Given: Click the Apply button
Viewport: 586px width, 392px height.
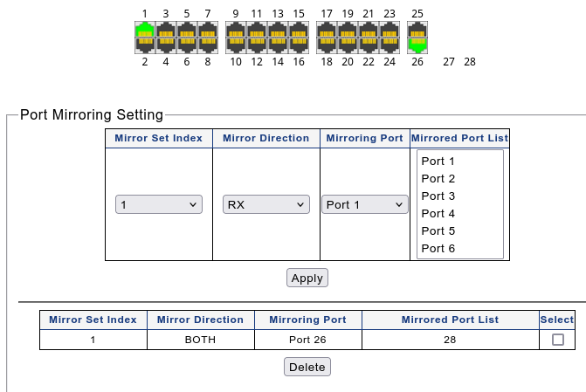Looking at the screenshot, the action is (x=307, y=278).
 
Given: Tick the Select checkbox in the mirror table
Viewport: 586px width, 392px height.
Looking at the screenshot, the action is (x=557, y=340).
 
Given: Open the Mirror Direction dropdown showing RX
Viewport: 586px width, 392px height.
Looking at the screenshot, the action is (x=266, y=204).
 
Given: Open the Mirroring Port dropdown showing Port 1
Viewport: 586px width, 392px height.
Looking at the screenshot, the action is (x=365, y=204).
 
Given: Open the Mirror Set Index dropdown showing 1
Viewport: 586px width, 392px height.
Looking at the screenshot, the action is (x=159, y=204).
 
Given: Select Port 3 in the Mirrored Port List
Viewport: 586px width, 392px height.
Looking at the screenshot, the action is (x=438, y=196).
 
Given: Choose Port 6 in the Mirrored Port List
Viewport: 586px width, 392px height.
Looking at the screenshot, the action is (x=438, y=249).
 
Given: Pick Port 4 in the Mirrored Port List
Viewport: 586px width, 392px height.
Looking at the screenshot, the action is (x=438, y=214).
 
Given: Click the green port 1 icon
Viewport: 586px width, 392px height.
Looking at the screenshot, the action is (x=145, y=30).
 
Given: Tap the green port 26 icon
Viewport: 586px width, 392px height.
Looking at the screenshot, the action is (x=417, y=45).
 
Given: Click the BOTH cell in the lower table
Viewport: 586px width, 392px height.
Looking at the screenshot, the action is (x=200, y=340).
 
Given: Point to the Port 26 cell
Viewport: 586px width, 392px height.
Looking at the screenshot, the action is (x=307, y=340).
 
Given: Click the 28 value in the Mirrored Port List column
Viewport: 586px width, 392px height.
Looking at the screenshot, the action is (x=450, y=340).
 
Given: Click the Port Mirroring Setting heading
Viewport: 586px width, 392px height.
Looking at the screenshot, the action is (x=92, y=114).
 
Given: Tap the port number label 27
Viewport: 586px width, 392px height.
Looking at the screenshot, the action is (x=449, y=62).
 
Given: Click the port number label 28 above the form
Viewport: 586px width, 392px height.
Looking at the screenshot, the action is (x=470, y=62).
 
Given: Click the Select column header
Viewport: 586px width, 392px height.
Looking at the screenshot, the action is (x=557, y=320).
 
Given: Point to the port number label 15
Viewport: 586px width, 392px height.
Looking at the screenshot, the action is (x=299, y=14).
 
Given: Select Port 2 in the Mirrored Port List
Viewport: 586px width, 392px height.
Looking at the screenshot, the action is (x=438, y=179).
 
